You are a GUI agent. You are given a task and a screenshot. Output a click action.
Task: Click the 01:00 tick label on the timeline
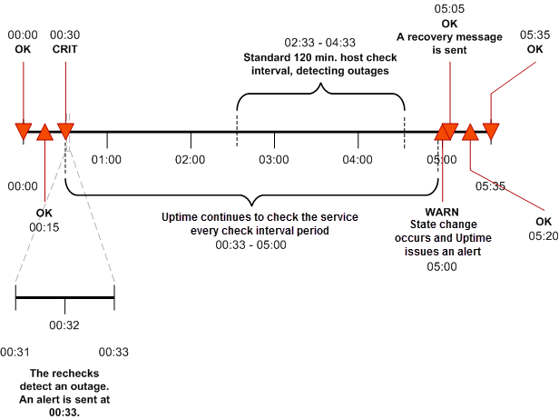[x=106, y=159]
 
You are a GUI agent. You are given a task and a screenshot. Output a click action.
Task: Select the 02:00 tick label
[x=191, y=159]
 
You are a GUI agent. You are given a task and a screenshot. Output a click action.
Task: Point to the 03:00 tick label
[x=273, y=159]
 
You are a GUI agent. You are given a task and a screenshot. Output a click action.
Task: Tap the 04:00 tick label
[x=358, y=159]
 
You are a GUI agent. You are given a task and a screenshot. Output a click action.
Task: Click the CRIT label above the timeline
[x=65, y=48]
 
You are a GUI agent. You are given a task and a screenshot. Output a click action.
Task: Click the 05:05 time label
[x=449, y=9]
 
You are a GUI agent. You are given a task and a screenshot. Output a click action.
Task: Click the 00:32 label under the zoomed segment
[x=64, y=324]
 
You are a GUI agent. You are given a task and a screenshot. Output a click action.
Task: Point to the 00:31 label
[x=15, y=351]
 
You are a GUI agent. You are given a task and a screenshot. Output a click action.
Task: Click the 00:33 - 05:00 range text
[x=249, y=244]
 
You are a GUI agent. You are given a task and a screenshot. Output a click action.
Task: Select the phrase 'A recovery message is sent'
[x=449, y=44]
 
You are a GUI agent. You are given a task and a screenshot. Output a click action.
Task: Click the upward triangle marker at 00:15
[x=44, y=135]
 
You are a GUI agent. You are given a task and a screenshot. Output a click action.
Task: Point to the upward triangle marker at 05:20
[x=470, y=135]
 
